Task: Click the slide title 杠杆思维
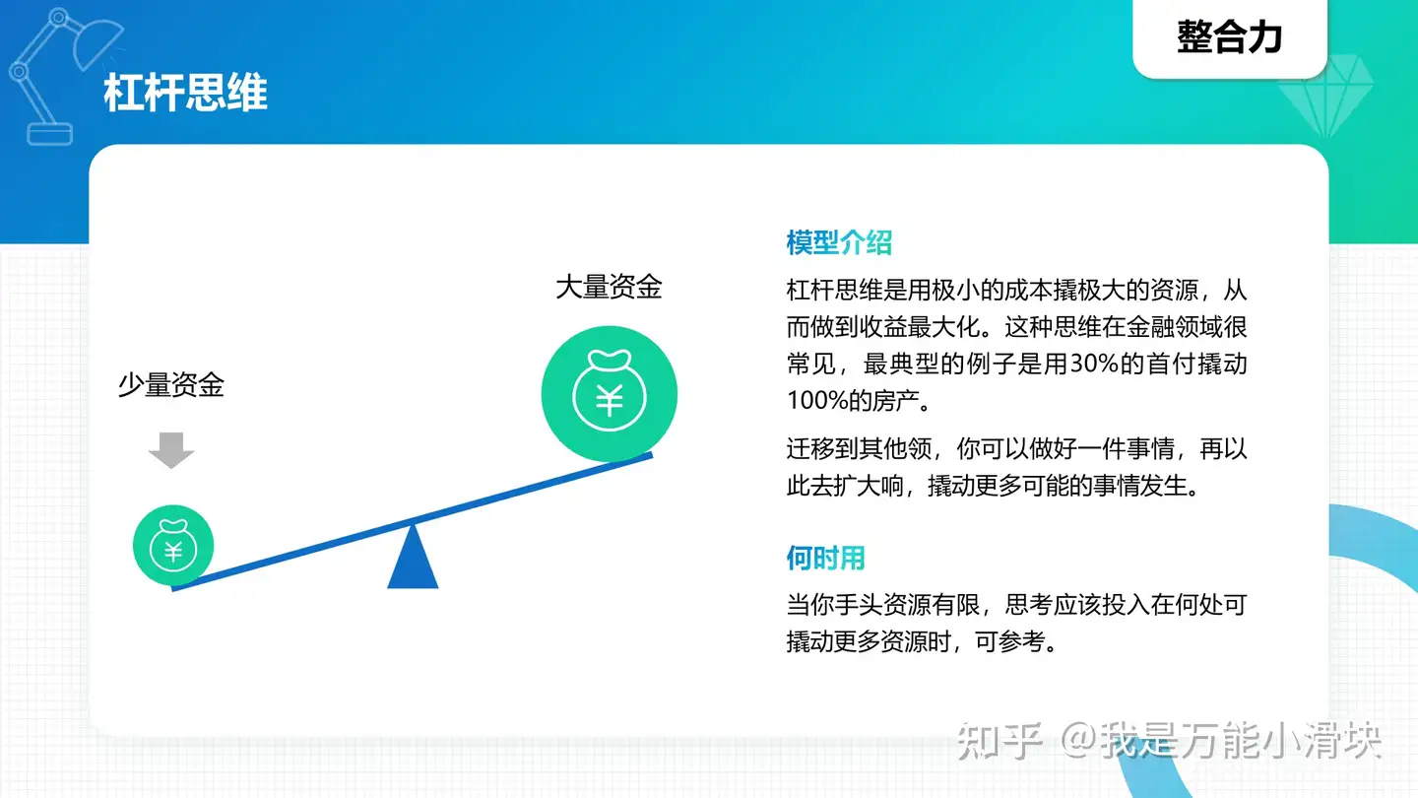185,93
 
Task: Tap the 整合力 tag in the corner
1229,36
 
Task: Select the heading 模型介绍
839,242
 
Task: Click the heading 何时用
825,558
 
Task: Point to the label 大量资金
609,287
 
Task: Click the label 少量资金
171,384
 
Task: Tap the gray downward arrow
171,450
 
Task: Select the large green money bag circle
609,393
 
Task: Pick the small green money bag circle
173,546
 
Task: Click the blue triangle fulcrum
413,558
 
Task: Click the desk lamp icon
60,76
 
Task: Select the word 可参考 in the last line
1010,641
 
